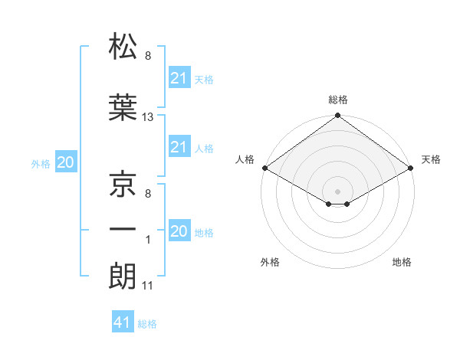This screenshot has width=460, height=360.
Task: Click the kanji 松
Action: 123,47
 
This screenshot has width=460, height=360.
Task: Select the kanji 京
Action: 123,184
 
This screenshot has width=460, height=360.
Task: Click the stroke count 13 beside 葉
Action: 148,117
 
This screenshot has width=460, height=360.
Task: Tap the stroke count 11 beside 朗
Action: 148,286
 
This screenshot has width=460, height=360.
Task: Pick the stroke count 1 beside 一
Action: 148,240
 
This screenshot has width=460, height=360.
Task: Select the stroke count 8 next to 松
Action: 148,56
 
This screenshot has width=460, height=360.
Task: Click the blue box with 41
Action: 123,322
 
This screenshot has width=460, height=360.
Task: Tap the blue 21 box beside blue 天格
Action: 179,77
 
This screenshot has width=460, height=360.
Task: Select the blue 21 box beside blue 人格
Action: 179,147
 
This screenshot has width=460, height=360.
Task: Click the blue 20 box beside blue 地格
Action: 179,231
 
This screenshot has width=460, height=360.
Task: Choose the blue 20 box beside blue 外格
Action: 66,162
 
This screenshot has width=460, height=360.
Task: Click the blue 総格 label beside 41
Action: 147,324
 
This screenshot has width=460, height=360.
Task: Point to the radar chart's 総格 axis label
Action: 338,100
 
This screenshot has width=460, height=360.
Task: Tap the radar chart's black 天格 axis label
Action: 431,159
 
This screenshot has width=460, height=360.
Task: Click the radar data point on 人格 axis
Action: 264,168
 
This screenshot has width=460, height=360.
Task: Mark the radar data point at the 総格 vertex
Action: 337,116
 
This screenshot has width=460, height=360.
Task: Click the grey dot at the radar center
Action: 337,190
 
